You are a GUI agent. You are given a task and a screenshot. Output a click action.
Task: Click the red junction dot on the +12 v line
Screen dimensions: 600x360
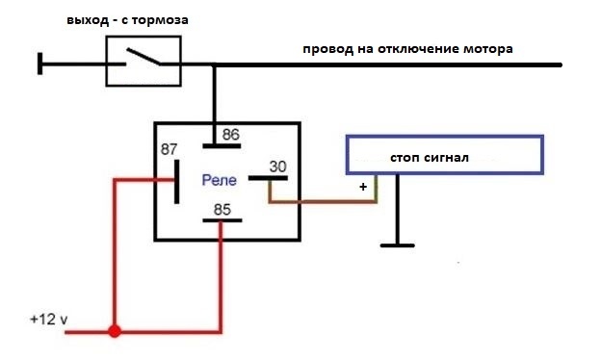tap(115, 331)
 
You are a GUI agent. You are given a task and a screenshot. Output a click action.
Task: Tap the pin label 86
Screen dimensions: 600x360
tap(231, 135)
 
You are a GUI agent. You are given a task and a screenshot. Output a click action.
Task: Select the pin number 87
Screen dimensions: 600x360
tap(170, 149)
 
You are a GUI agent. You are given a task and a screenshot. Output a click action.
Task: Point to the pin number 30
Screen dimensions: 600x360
tap(277, 167)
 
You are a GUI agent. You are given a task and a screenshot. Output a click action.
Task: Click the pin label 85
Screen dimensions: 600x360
tap(222, 210)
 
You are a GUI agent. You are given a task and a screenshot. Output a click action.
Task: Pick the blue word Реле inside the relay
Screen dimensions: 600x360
tap(220, 180)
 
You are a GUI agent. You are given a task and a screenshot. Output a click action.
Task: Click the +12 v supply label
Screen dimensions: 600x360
tap(49, 319)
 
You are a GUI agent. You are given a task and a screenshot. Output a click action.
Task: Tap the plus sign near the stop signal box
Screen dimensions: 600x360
tap(363, 187)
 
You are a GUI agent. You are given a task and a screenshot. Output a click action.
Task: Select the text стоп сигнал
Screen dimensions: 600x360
tap(430, 158)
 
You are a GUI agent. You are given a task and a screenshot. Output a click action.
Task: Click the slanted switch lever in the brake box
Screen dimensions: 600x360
tap(143, 56)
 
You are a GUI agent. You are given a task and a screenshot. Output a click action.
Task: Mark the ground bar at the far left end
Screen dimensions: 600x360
tap(40, 64)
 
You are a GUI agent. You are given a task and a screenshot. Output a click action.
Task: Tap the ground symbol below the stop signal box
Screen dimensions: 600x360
tap(398, 245)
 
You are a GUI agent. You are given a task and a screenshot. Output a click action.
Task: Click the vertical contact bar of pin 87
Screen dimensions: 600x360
tap(177, 182)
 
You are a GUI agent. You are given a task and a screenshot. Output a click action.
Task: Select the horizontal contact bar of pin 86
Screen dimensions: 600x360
tap(222, 146)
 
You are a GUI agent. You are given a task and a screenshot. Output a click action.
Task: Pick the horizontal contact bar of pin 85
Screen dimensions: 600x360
tap(222, 220)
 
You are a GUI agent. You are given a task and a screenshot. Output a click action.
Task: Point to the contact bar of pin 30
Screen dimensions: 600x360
tap(268, 178)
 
